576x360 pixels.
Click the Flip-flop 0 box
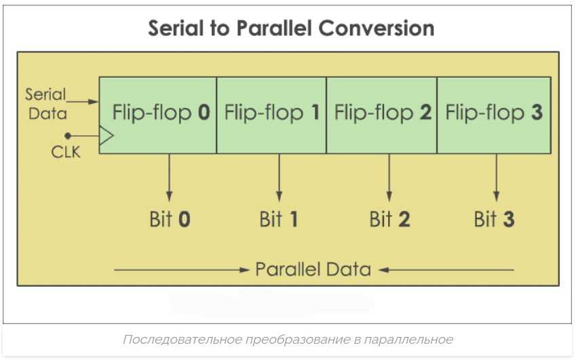158,115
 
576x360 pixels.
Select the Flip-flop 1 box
271,115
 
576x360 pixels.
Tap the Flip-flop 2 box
382,115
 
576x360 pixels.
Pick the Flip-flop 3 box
494,115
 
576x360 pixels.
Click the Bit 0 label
170,219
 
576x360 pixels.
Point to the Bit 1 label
278,219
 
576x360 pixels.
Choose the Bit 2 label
389,219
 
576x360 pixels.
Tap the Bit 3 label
494,219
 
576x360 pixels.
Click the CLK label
66,152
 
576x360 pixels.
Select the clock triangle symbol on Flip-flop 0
106,136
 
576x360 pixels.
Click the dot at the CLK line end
68,136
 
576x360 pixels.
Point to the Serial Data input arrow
83,102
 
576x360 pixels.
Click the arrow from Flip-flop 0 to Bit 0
170,178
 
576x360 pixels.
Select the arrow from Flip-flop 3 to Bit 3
497,178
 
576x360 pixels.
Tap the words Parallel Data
313,269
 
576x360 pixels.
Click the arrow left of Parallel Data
182,270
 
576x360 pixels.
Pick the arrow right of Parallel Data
446,270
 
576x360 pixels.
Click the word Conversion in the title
376,28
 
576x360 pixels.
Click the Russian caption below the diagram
288,340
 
